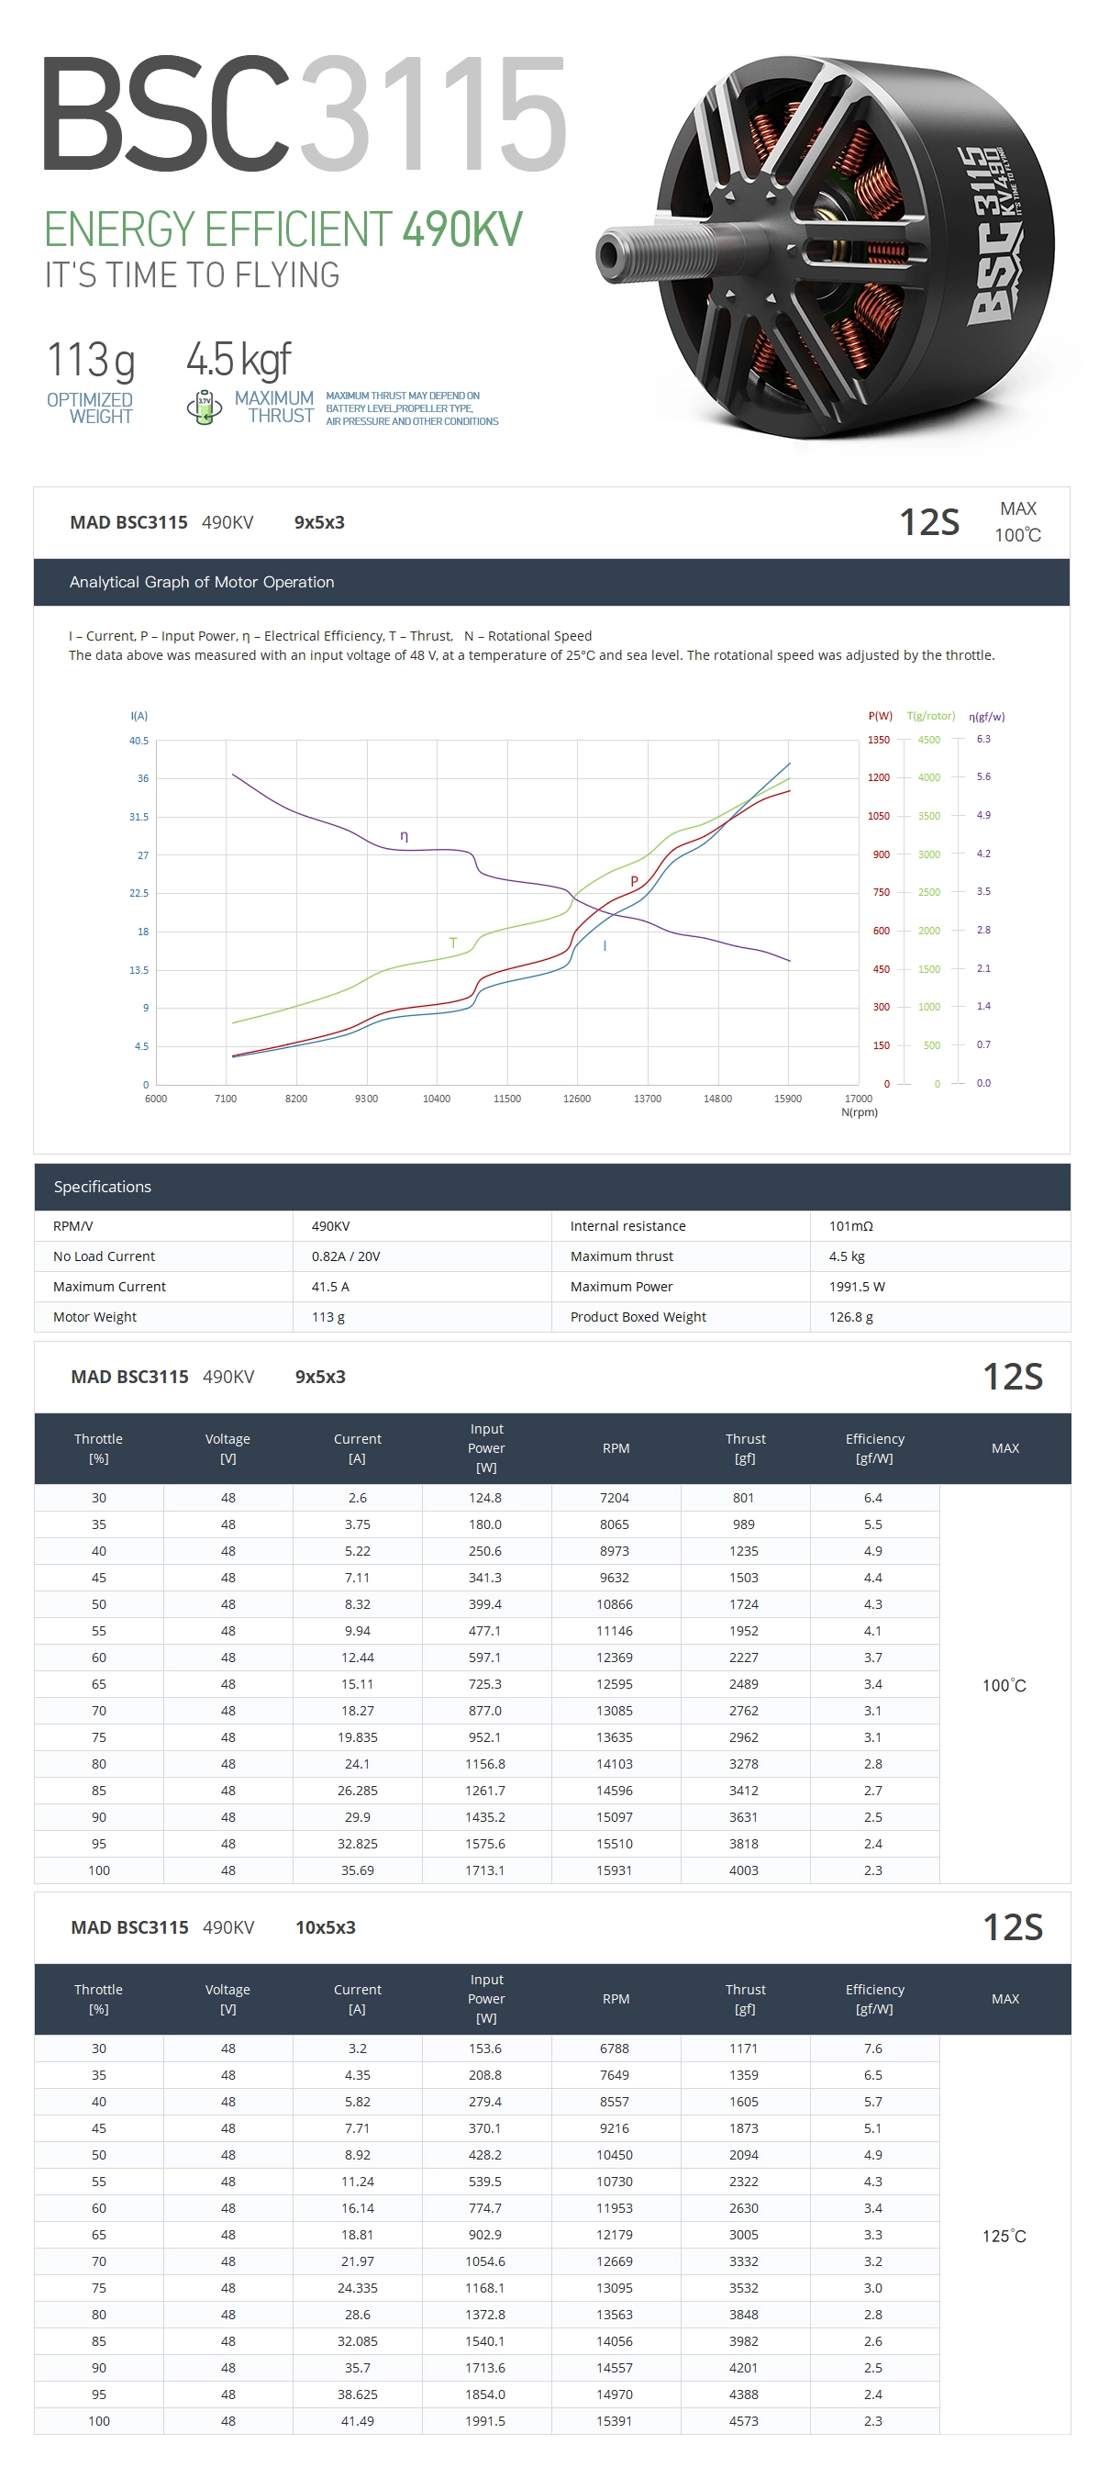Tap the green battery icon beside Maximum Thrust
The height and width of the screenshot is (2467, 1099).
tap(204, 407)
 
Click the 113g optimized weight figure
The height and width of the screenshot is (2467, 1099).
tap(91, 361)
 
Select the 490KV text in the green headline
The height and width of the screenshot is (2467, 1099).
tap(462, 229)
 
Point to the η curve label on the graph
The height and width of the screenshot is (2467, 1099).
tap(404, 835)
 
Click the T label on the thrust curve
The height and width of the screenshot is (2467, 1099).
tap(453, 943)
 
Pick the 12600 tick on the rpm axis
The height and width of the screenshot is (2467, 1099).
tap(576, 1099)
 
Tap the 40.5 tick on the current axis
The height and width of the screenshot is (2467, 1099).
tap(139, 741)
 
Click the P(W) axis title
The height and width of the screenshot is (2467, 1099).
tap(880, 715)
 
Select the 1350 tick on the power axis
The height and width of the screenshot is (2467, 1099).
tap(878, 740)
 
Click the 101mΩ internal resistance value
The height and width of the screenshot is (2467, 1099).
tap(850, 1226)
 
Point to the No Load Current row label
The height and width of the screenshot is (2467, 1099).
tap(104, 1256)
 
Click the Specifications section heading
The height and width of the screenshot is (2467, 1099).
tap(103, 1187)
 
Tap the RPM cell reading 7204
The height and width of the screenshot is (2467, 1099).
tap(615, 1498)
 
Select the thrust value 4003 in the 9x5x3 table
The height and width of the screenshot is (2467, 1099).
tap(744, 1870)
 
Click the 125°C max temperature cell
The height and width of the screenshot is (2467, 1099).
tap(1004, 2237)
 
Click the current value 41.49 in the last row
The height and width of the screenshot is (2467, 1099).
tap(357, 2421)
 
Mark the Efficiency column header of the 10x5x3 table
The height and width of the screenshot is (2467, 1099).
tap(874, 1999)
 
